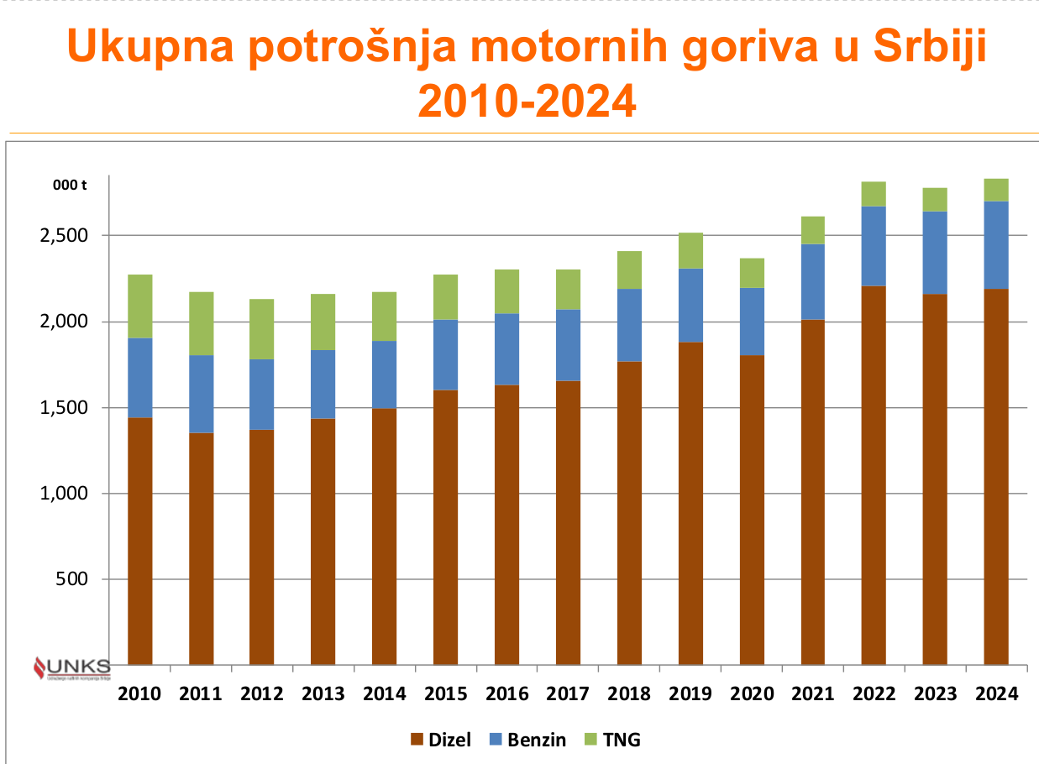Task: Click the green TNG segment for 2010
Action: pyautogui.click(x=139, y=306)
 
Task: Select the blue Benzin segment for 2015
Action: pyautogui.click(x=445, y=354)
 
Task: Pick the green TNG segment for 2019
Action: pyautogui.click(x=690, y=250)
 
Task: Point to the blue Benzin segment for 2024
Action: pyautogui.click(x=996, y=244)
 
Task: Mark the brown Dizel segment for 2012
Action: pyautogui.click(x=261, y=547)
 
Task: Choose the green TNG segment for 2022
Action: pyautogui.click(x=874, y=194)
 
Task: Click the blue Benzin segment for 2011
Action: pyautogui.click(x=201, y=394)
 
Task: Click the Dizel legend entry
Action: pyautogui.click(x=440, y=740)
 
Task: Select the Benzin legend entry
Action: pyautogui.click(x=527, y=740)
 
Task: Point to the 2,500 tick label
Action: pyautogui.click(x=64, y=236)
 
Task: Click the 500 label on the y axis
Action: pyautogui.click(x=72, y=579)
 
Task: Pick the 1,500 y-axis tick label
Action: pyautogui.click(x=64, y=408)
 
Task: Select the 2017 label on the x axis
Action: pyautogui.click(x=568, y=694)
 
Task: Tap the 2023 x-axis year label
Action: pyautogui.click(x=935, y=694)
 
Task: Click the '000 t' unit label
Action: pyautogui.click(x=70, y=186)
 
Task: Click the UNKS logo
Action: pyautogui.click(x=71, y=668)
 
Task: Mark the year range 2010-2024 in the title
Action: pyautogui.click(x=527, y=102)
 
